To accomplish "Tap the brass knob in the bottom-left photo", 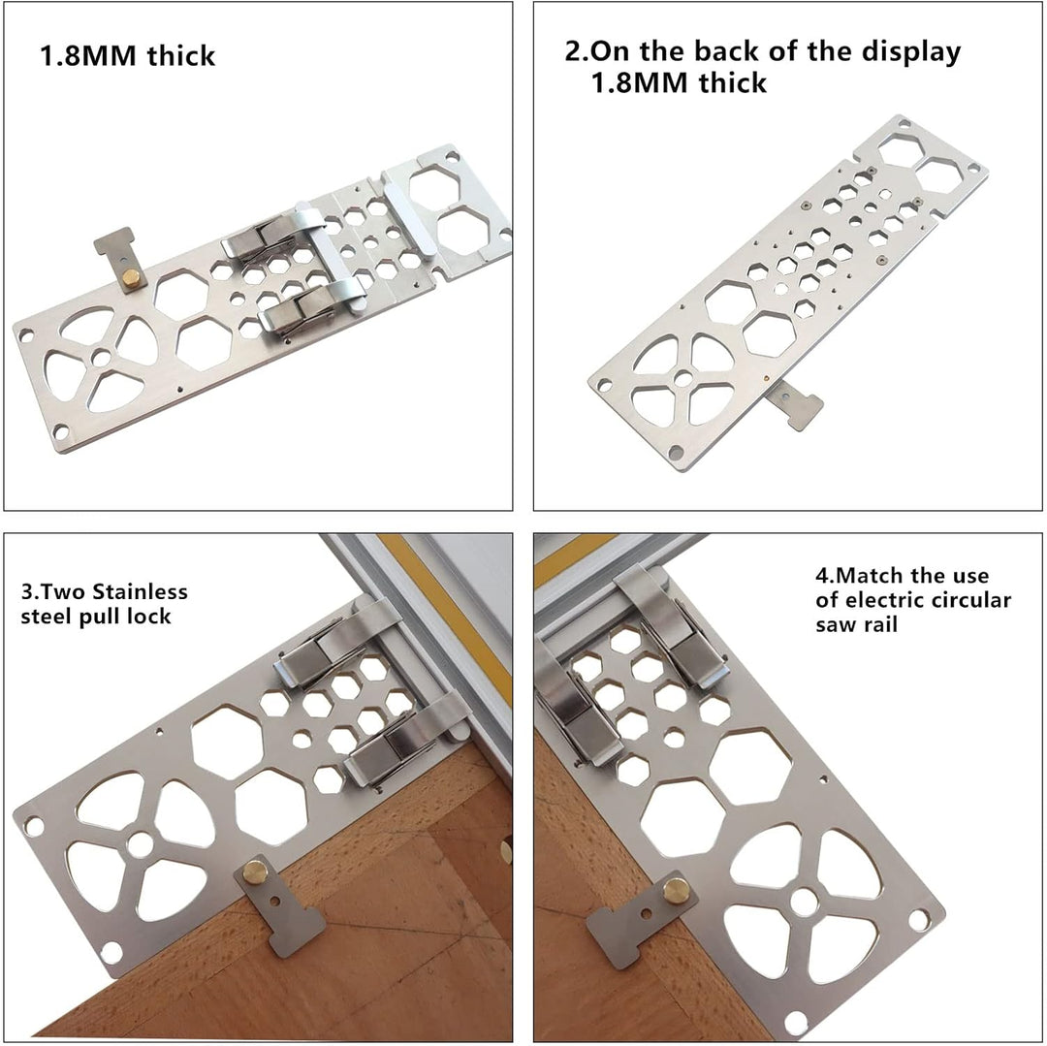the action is (254, 871).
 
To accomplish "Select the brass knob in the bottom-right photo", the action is (677, 891).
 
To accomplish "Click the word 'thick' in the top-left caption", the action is (181, 55).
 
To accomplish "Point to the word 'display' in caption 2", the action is (911, 51).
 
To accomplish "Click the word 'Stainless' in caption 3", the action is (141, 591).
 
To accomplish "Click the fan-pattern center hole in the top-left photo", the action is (101, 358).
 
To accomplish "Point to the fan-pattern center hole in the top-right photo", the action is (682, 379).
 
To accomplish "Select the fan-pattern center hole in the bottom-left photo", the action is (141, 844).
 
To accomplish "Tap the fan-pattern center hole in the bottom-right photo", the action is (804, 903).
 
